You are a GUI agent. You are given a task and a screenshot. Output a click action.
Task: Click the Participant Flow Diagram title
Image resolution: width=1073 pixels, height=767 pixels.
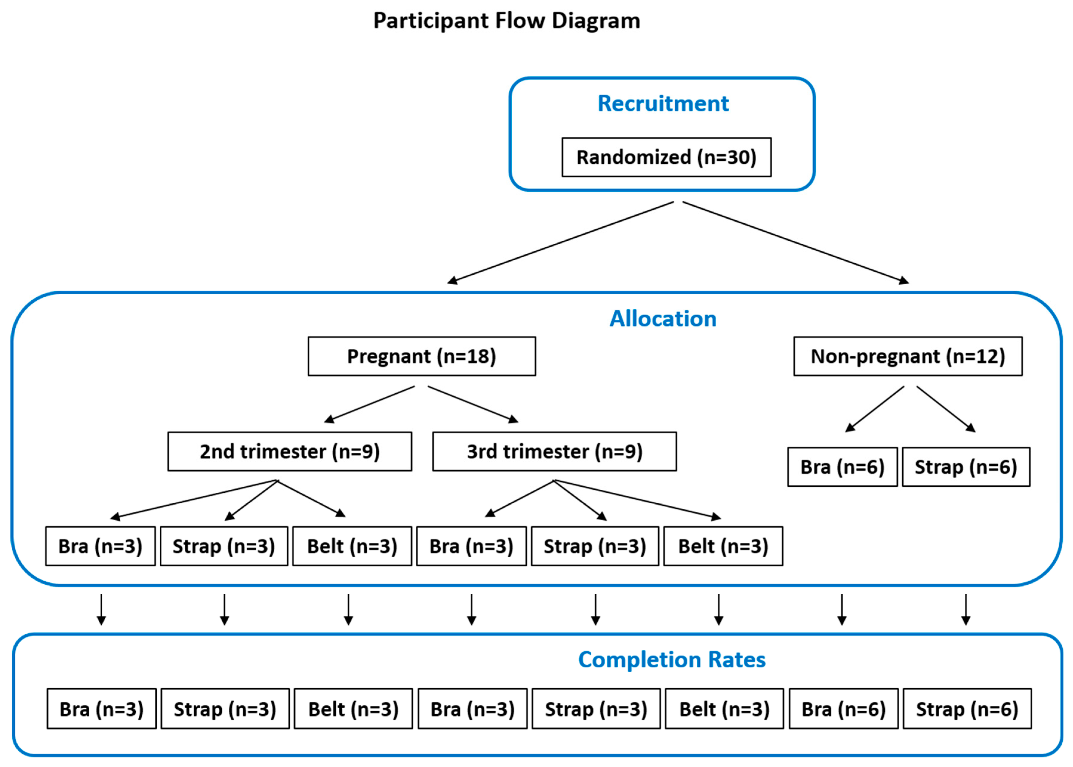(506, 21)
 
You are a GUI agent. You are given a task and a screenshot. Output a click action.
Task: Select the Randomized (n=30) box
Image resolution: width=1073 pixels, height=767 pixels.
(667, 157)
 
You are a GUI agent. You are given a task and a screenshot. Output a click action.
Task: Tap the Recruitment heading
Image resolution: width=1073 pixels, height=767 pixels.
(663, 103)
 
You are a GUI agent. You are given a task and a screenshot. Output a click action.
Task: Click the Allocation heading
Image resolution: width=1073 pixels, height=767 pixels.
(663, 319)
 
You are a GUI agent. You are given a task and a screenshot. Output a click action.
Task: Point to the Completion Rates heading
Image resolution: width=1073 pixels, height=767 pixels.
(672, 660)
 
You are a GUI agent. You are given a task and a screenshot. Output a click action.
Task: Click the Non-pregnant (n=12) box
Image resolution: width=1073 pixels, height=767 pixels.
(908, 356)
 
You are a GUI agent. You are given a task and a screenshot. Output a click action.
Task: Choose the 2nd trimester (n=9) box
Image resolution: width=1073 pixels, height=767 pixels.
(290, 451)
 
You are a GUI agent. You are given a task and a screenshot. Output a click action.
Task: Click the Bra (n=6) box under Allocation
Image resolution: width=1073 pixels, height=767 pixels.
(842, 467)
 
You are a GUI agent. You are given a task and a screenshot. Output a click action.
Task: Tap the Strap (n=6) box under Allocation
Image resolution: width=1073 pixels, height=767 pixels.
(966, 467)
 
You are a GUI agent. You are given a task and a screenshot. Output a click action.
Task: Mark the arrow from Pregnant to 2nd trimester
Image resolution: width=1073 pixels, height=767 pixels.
(369, 404)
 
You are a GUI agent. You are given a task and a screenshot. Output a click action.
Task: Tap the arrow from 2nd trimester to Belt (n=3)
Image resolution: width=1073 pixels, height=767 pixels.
(311, 498)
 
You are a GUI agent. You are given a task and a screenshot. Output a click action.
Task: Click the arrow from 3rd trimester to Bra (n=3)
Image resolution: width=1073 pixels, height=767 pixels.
(520, 498)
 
